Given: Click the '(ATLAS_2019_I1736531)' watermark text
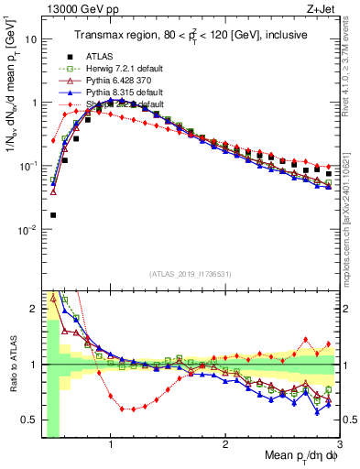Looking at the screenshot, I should pos(190,274).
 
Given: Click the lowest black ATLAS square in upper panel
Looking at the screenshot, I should pos(53,215).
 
